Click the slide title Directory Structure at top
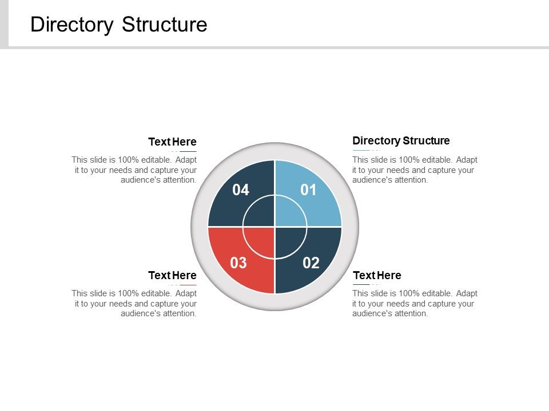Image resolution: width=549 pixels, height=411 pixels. pyautogui.click(x=118, y=25)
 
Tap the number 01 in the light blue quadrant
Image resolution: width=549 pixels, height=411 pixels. pyautogui.click(x=308, y=190)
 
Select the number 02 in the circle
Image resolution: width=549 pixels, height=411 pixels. pyautogui.click(x=311, y=263)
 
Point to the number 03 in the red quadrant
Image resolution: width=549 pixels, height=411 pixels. pyautogui.click(x=238, y=263)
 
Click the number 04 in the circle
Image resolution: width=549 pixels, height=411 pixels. pyautogui.click(x=241, y=190)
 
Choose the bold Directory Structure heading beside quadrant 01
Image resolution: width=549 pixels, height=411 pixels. pyautogui.click(x=401, y=140)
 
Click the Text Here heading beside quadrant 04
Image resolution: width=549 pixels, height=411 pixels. pyautogui.click(x=172, y=142)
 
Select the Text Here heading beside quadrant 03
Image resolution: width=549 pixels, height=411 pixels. pyautogui.click(x=172, y=275)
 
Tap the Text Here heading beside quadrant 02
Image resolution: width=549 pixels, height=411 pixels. pyautogui.click(x=377, y=276)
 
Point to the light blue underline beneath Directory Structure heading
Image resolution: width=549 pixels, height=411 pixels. pyautogui.click(x=361, y=150)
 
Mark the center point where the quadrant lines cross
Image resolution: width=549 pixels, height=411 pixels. pyautogui.click(x=275, y=227)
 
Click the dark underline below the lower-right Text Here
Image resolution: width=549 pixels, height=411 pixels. pyautogui.click(x=361, y=284)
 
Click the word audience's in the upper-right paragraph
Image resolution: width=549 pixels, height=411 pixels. pyautogui.click(x=372, y=180)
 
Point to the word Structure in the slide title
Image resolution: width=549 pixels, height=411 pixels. pyautogui.click(x=165, y=25)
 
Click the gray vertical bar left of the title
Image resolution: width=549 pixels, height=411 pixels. pyautogui.click(x=4, y=23)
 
